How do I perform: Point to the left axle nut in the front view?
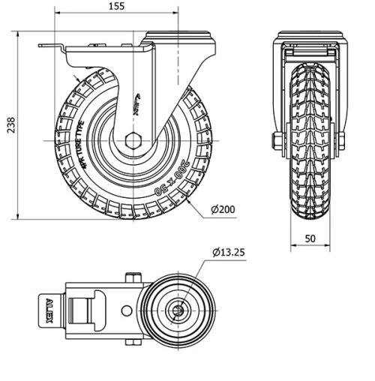coord(278,141)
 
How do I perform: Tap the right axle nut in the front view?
coord(341,141)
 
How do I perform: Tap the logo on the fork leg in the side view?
coord(140,97)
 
